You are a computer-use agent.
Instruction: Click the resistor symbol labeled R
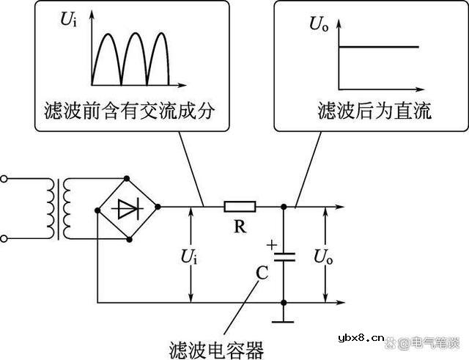click(240, 207)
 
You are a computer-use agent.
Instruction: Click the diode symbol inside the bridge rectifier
click(128, 208)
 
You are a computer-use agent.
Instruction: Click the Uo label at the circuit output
click(323, 256)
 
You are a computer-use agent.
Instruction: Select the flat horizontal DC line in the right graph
click(378, 48)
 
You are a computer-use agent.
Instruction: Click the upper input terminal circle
click(6, 178)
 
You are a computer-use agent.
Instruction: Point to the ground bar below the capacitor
click(284, 320)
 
